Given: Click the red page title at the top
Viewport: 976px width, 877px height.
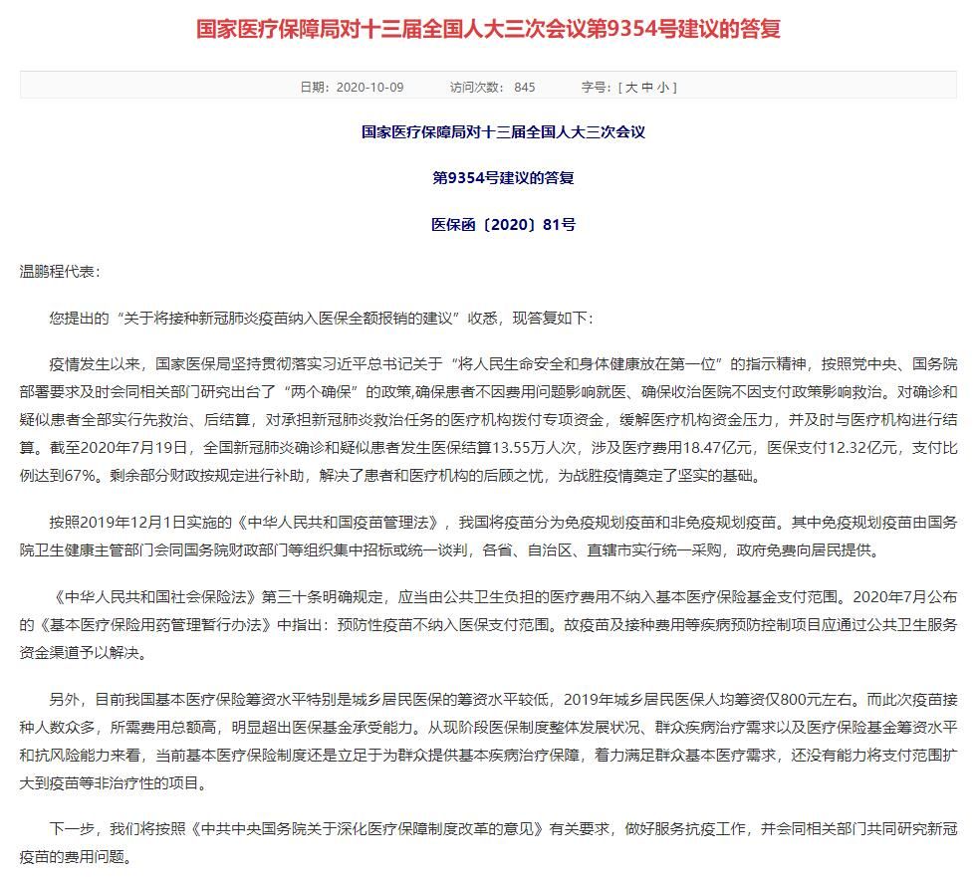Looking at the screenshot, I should tap(488, 28).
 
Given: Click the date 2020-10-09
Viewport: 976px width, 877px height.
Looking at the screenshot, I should tap(370, 88).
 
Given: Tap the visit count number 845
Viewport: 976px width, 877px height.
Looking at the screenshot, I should tap(525, 88).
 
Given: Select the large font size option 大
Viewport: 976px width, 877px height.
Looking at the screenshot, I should tap(630, 88).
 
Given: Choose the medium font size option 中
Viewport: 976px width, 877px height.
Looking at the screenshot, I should tap(648, 88).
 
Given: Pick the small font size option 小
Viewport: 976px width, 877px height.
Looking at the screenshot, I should tap(665, 88).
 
